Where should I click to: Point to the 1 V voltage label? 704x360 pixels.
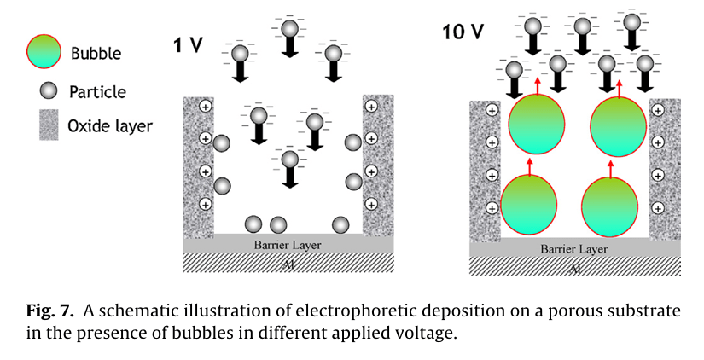pyautogui.click(x=187, y=44)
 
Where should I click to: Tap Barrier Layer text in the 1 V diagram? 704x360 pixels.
pyautogui.click(x=288, y=244)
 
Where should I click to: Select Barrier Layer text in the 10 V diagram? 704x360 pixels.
pyautogui.click(x=574, y=248)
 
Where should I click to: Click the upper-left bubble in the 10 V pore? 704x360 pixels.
pyautogui.click(x=536, y=125)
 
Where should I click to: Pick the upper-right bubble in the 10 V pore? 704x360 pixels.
pyautogui.click(x=619, y=125)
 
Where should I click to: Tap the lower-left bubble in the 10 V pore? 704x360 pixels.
pyautogui.click(x=528, y=205)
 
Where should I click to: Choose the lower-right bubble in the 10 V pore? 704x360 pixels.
pyautogui.click(x=610, y=205)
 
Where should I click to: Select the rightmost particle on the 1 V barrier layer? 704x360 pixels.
pyautogui.click(x=340, y=224)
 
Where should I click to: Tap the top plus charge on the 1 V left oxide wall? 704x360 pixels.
pyautogui.click(x=205, y=107)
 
